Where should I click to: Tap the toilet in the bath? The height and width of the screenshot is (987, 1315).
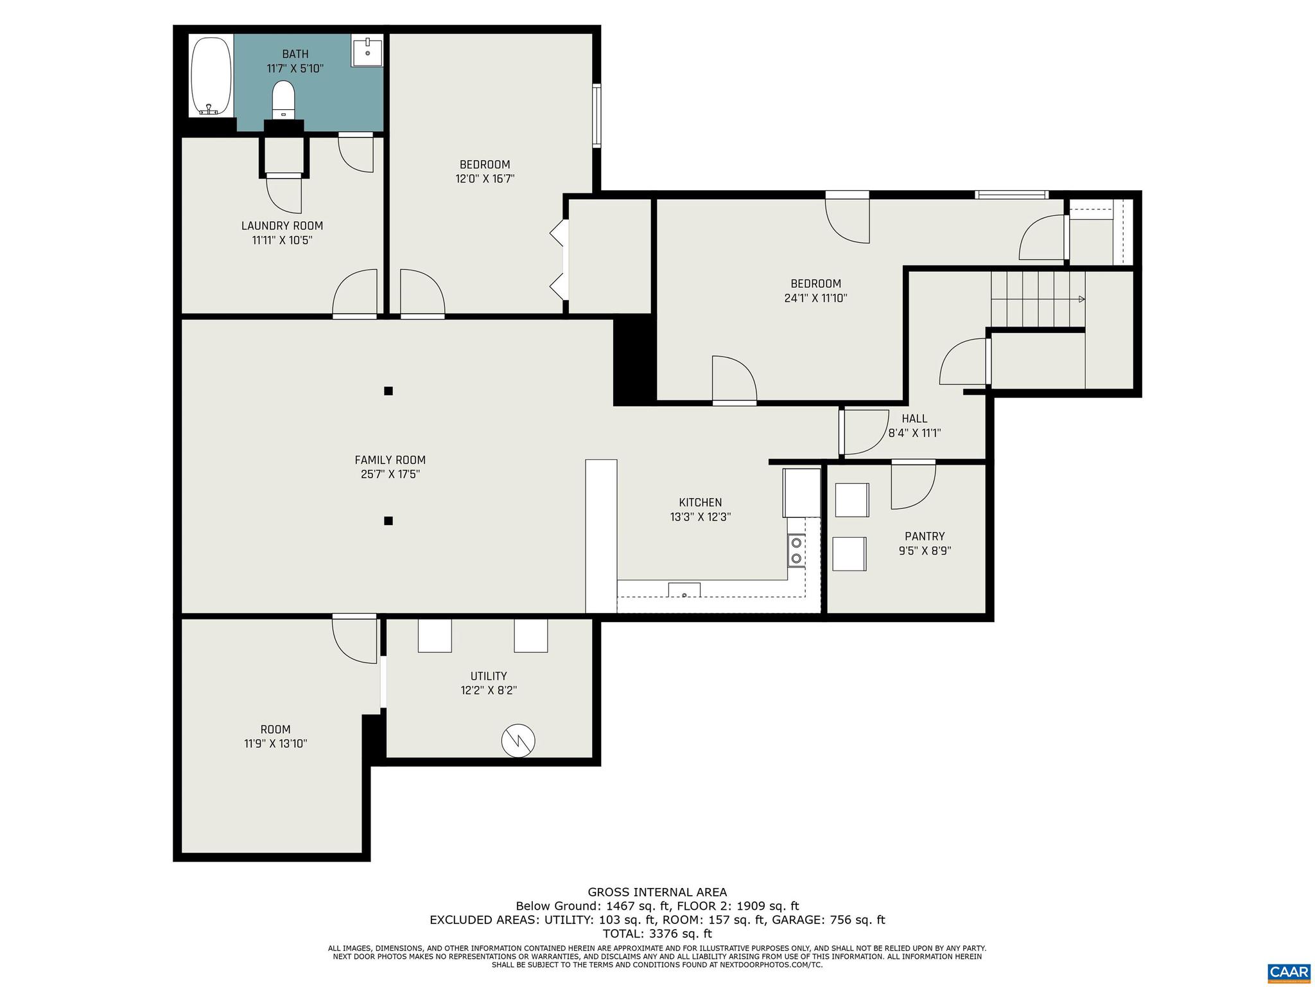(283, 100)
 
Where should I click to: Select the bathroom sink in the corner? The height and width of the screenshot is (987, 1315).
(367, 51)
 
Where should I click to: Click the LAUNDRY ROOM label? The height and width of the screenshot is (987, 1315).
(282, 226)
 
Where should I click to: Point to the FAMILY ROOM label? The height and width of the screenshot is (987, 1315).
(390, 460)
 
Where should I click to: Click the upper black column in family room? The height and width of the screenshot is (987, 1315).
(388, 391)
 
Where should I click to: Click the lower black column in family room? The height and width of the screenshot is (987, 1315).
(388, 520)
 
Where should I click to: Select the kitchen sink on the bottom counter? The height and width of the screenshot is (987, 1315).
(684, 590)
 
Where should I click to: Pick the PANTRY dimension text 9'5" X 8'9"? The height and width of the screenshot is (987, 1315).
(925, 551)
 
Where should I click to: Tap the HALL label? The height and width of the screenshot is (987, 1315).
(914, 419)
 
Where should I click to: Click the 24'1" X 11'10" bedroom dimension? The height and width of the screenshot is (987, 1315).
(815, 298)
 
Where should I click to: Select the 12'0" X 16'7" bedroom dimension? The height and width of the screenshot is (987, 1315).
(485, 179)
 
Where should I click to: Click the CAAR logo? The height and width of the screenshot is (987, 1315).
(1289, 971)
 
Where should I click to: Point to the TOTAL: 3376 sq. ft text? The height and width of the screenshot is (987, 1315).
(657, 934)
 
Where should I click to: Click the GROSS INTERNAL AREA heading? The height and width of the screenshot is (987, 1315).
(657, 892)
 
